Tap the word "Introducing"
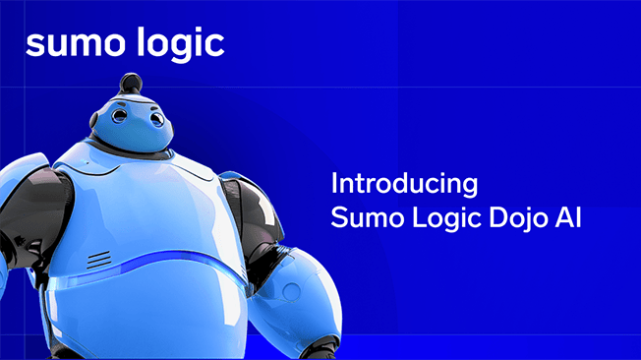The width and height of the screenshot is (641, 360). click(404, 184)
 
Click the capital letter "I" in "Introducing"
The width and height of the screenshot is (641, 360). click(334, 183)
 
